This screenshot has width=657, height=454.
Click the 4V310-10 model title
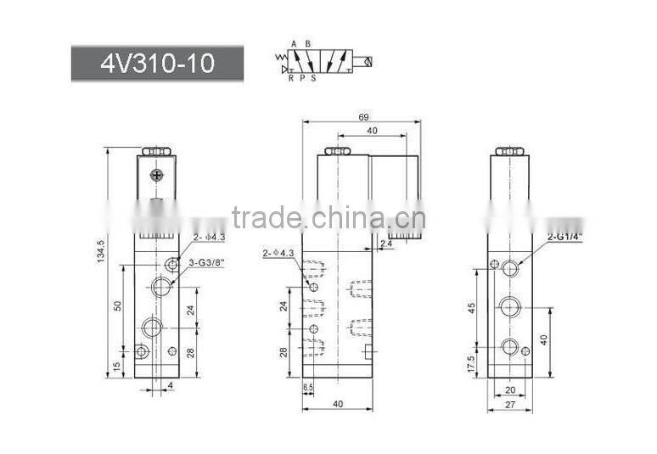coord(157,64)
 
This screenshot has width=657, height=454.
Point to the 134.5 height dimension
coord(101,251)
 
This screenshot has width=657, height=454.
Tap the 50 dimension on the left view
coord(118,305)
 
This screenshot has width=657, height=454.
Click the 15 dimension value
coord(118,366)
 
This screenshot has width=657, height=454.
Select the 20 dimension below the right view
coord(510,390)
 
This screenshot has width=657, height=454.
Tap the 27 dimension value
coord(510,405)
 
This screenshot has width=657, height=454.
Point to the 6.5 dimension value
coord(308,388)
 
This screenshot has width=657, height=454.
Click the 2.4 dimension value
coord(386,244)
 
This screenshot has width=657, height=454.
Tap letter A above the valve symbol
coord(294,43)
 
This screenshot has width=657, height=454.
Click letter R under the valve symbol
coord(290,77)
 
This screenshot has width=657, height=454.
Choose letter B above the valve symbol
coord(307,43)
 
